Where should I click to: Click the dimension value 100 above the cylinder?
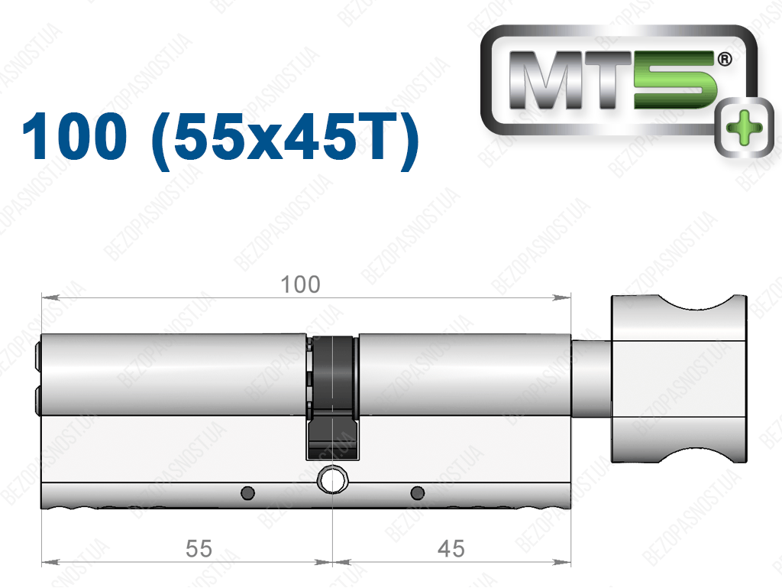click(x=300, y=284)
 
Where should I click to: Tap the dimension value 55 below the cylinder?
click(x=199, y=548)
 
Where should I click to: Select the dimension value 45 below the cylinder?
click(x=451, y=548)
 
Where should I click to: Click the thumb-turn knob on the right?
click(x=679, y=378)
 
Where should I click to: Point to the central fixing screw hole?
click(x=333, y=479)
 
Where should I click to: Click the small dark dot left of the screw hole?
click(x=248, y=493)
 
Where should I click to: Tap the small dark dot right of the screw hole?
click(x=418, y=493)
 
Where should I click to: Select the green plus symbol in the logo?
click(x=745, y=128)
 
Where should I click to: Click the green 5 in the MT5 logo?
click(x=676, y=80)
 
